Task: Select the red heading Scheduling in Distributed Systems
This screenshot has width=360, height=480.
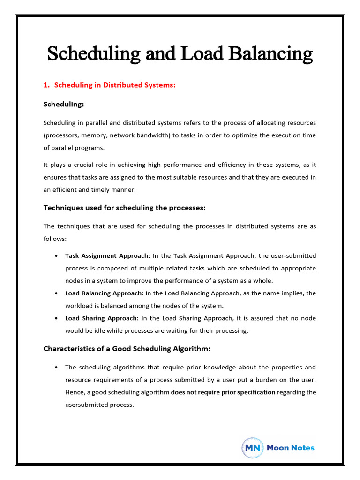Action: (115, 85)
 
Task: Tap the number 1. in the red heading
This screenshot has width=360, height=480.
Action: (47, 85)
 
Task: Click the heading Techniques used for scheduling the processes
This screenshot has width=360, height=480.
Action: (125, 207)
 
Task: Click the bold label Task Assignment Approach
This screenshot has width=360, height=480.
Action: (107, 256)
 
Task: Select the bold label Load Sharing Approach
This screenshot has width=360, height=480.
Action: (102, 318)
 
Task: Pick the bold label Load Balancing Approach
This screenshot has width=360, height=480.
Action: (104, 293)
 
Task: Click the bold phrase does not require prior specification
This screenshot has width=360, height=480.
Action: (223, 392)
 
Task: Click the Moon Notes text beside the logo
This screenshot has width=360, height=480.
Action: (291, 448)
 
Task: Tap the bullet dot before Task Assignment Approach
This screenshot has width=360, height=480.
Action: (56, 256)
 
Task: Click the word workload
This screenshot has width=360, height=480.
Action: (79, 306)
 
